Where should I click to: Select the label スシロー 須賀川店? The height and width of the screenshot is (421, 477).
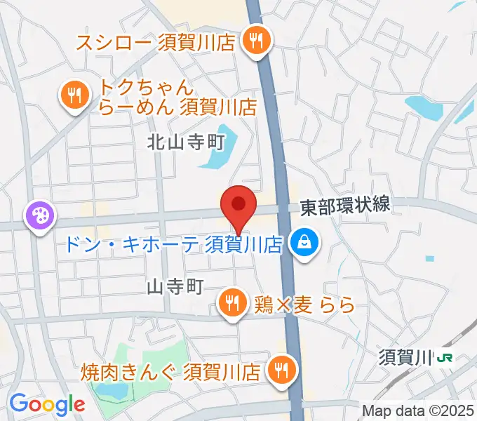[x=155, y=41]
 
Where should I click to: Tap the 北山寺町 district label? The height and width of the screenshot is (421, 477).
[x=185, y=143]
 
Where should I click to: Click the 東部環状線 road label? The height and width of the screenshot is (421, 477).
[x=344, y=206]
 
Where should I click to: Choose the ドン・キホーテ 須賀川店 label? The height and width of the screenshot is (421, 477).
[x=173, y=244]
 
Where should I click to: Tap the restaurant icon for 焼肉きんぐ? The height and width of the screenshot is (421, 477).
[x=283, y=369]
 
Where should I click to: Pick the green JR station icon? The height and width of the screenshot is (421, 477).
[x=445, y=359]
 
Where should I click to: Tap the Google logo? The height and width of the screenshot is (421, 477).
[x=47, y=403]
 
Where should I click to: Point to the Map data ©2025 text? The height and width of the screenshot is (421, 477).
[x=419, y=410]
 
